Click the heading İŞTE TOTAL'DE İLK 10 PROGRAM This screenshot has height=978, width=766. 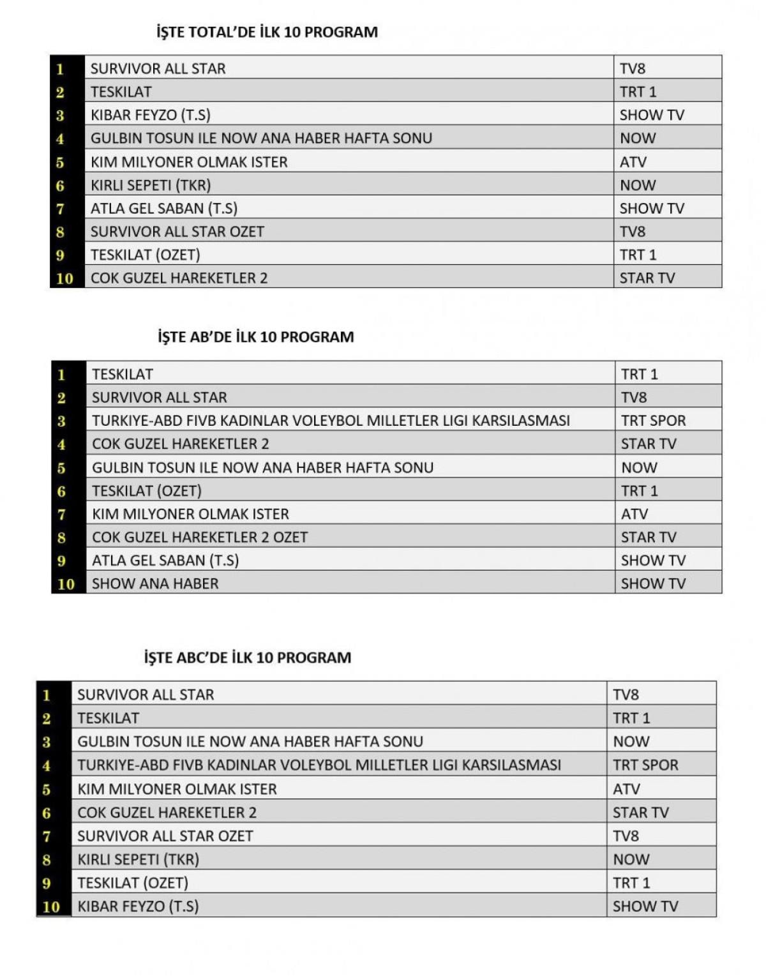point(267,32)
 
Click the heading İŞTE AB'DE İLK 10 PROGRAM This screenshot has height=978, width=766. point(255,337)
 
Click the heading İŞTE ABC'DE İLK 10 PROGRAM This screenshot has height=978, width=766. point(248,658)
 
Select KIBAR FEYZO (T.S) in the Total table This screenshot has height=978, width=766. point(150,115)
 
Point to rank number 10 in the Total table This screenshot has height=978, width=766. point(64,278)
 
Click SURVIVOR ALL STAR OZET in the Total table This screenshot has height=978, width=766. point(177,232)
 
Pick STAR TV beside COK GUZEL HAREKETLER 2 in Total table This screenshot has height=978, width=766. point(647,278)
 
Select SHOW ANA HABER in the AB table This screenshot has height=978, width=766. point(155,583)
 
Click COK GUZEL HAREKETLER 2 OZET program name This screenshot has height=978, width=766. point(199,537)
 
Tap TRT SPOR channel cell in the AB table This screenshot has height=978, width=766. point(653,421)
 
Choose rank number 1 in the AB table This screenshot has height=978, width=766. point(61,375)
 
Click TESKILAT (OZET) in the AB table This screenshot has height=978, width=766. point(146,491)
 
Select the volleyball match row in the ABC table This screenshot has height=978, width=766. point(319,765)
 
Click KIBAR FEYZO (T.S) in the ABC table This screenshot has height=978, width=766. point(137,906)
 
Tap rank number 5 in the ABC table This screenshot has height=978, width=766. point(47,790)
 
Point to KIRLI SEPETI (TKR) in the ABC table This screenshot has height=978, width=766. point(138,859)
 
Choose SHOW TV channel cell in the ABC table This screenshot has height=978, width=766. point(645,906)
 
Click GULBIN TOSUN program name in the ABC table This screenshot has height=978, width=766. point(250,742)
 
